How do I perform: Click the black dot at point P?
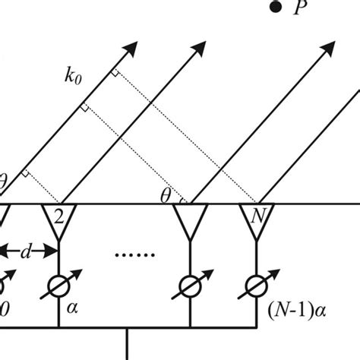pos(276,7)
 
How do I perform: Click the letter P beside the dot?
pos(301,7)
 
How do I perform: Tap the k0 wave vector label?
pos(73,76)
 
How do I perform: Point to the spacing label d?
pos(26,252)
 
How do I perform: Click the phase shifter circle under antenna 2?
pos(58,286)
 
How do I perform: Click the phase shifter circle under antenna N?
pos(257,286)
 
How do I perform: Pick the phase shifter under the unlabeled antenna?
pos(191,286)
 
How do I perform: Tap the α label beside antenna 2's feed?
pos(72,308)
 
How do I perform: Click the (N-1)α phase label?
pos(296,311)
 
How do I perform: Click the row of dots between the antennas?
pos(135,255)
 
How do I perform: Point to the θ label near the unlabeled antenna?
pos(166,196)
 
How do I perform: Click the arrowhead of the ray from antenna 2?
pos(199,49)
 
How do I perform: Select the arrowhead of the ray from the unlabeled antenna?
pos(328,49)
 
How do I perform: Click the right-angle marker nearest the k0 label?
pos(115,73)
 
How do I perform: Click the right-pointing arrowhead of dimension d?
pos(50,251)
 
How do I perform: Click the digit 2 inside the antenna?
pos(59,216)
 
